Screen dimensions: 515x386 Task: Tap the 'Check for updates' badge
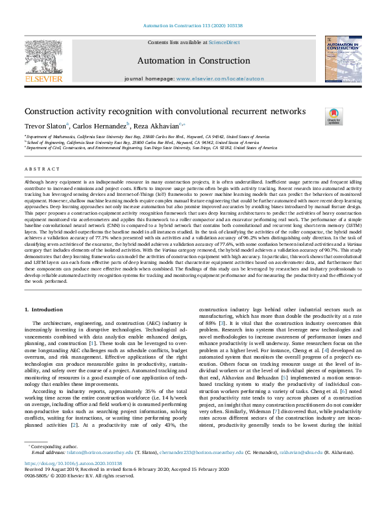pyautogui.click(x=333, y=115)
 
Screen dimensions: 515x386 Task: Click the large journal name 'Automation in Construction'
pyautogui.click(x=193, y=61)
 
